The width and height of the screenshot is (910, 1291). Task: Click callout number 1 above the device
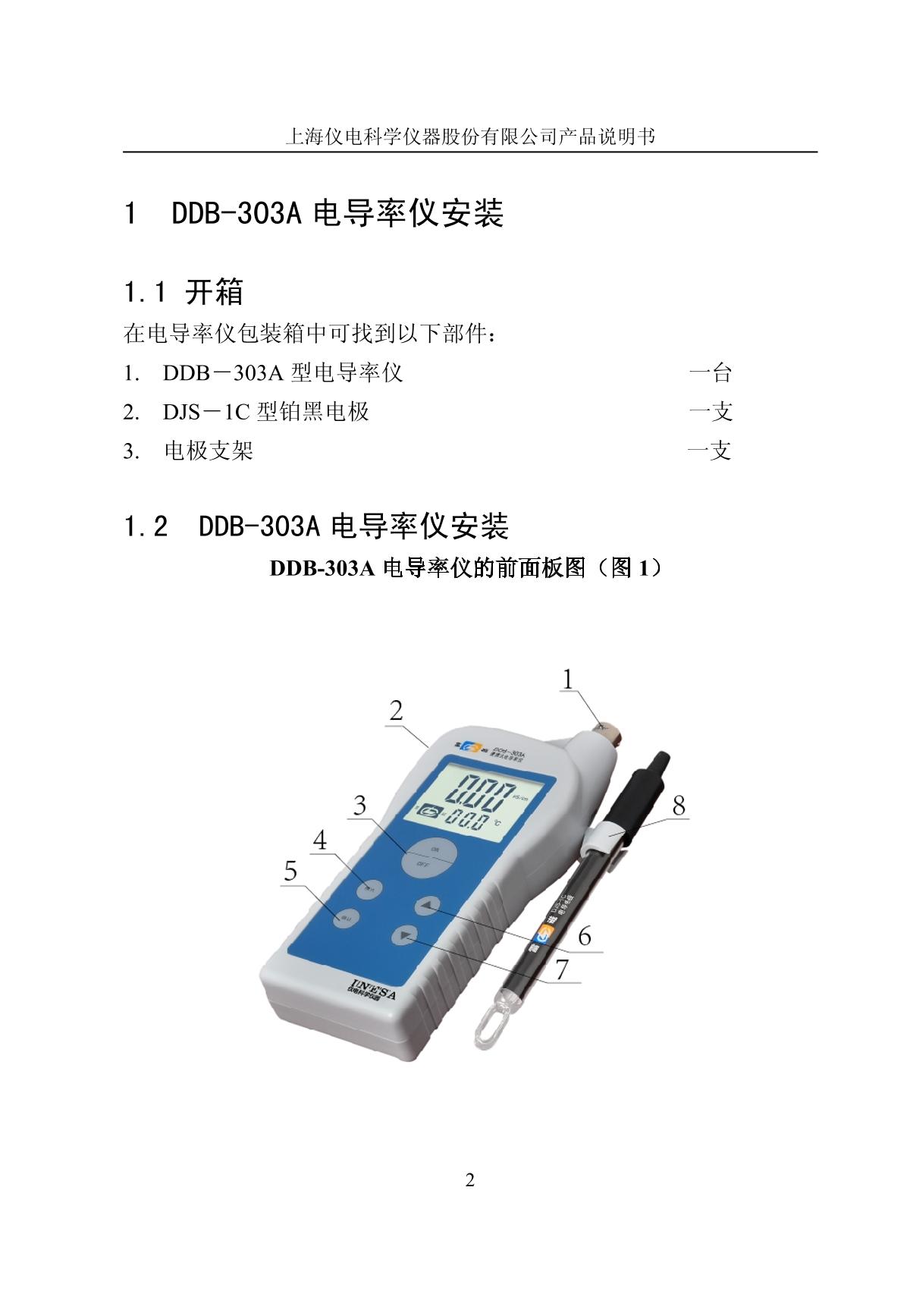(568, 680)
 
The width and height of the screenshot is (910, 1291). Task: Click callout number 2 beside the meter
(396, 711)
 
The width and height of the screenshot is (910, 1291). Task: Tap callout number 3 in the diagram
(359, 805)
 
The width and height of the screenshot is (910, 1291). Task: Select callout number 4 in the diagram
(320, 840)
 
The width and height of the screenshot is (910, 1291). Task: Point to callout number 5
(290, 872)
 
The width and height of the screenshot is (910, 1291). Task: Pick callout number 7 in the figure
(562, 969)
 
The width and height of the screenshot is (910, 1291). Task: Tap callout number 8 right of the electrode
(679, 805)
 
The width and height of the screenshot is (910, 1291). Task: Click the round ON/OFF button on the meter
(428, 857)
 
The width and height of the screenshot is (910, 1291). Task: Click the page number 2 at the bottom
(469, 1180)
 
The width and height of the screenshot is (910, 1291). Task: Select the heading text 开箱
(215, 291)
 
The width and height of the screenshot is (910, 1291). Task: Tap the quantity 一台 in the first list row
(710, 372)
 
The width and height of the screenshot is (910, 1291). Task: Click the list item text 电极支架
(209, 451)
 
